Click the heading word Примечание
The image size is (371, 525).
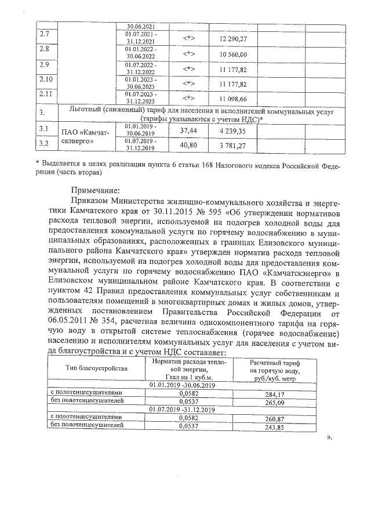(x=95, y=190)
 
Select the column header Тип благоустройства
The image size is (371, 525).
(x=96, y=368)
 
